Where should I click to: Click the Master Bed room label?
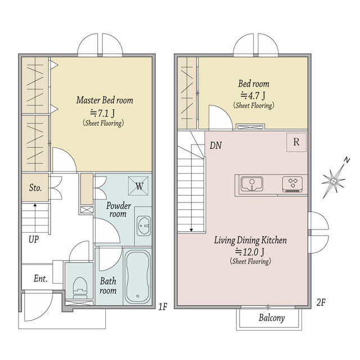(105, 100)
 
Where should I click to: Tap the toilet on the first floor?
(80, 287)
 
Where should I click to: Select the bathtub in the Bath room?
(138, 277)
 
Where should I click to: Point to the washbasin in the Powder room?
(144, 226)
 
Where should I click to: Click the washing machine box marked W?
(138, 186)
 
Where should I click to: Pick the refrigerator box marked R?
(296, 142)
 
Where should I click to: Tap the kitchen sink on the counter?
(252, 184)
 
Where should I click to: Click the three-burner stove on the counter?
(292, 184)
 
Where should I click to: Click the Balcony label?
(272, 318)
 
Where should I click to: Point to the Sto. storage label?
(35, 188)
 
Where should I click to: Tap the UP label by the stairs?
(34, 240)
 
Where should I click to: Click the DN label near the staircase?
(215, 145)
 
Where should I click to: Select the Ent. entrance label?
(40, 279)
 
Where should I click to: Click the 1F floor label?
(163, 307)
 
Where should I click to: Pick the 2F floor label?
(321, 303)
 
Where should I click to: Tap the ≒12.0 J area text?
(250, 252)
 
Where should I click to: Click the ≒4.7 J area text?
(253, 95)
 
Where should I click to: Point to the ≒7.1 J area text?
(102, 113)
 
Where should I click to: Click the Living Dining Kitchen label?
(250, 240)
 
